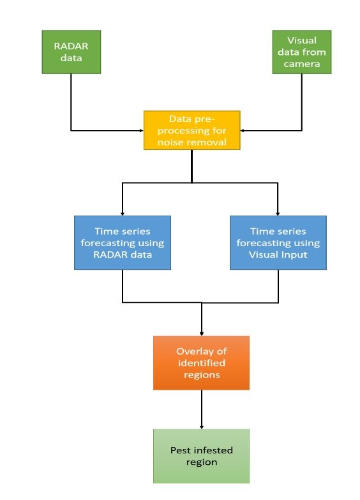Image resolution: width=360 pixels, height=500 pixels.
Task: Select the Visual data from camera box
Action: [x=301, y=52]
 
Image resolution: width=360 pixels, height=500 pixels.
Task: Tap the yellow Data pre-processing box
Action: [x=191, y=131]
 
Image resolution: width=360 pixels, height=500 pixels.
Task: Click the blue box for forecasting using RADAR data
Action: [x=122, y=243]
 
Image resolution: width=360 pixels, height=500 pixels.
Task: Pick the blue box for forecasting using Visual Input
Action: [x=278, y=243]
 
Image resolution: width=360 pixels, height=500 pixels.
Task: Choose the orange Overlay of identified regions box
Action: [x=201, y=363]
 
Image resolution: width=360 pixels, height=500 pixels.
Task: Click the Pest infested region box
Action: [x=201, y=456]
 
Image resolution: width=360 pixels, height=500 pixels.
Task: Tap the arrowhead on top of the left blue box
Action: [x=122, y=212]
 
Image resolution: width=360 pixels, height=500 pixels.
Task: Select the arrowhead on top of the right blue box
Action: [x=278, y=212]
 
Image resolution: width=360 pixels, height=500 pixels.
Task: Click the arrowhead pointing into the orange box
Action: [x=202, y=333]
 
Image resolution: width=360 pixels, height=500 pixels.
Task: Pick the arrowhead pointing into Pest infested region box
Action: [x=202, y=426]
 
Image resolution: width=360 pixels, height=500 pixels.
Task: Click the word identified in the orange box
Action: [x=201, y=363]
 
